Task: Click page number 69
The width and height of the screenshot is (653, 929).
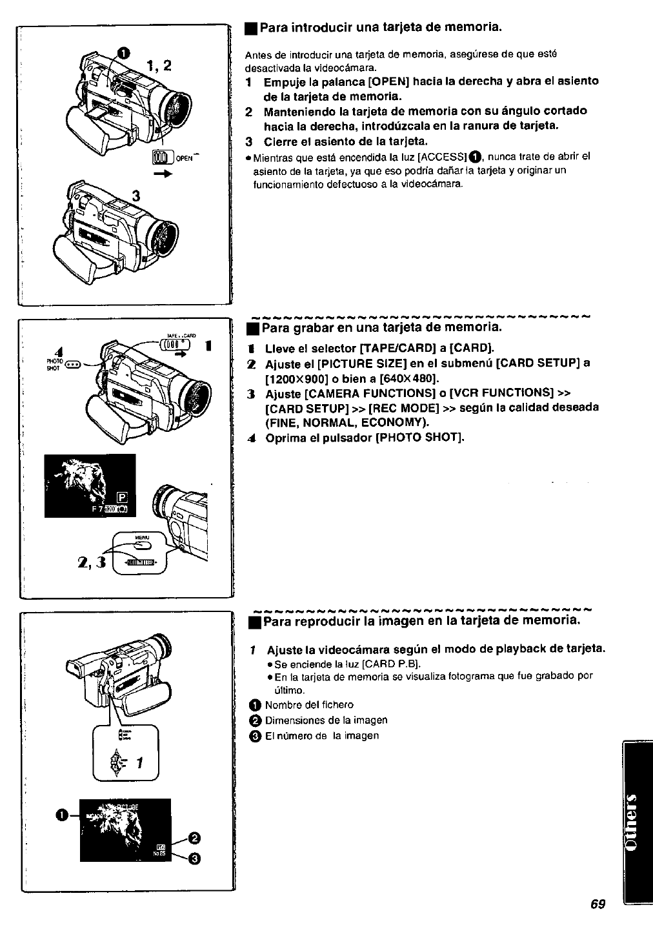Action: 597,904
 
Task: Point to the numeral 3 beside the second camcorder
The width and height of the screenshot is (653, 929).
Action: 136,196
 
